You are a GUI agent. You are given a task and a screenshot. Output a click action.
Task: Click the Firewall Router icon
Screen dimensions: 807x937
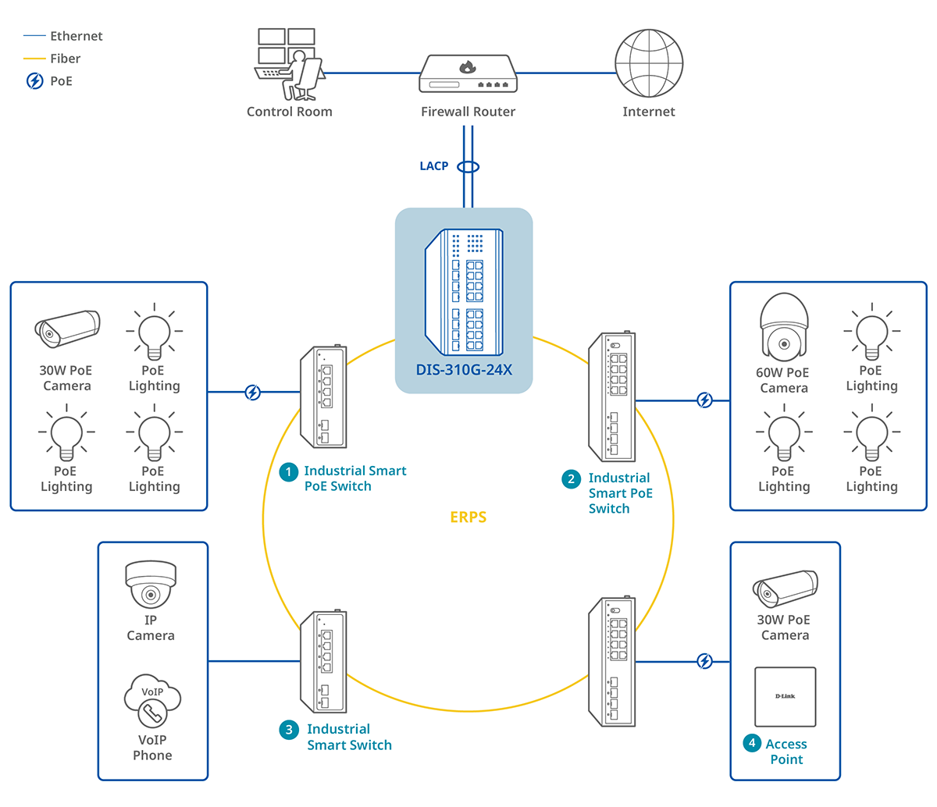468,75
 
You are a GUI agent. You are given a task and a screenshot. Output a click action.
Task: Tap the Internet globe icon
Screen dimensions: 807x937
649,63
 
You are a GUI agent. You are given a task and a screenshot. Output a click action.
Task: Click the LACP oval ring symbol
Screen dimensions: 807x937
468,167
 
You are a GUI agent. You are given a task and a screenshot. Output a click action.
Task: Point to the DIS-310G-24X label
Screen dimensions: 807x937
464,370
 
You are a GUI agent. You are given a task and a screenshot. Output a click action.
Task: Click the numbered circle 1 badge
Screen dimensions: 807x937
289,471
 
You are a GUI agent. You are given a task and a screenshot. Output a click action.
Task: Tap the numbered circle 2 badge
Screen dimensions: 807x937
572,478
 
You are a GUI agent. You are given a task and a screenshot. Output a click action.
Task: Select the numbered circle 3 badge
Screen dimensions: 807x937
289,730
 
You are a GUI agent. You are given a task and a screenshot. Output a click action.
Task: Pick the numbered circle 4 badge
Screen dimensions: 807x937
752,743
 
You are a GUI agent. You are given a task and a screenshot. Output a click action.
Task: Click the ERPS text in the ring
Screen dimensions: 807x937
468,517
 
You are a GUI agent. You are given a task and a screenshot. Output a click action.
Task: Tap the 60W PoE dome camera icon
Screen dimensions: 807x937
784,328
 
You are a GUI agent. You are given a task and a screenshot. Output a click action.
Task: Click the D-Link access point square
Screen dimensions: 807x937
786,696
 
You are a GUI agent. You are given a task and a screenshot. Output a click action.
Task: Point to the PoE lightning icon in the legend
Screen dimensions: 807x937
35,81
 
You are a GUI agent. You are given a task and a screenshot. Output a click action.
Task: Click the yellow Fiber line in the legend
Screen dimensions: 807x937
35,59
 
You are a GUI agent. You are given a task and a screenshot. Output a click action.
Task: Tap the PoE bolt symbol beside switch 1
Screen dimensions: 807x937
253,393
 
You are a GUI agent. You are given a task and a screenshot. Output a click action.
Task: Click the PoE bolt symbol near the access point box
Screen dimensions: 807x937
705,662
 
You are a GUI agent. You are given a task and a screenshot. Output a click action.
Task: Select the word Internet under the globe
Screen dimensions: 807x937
649,112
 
